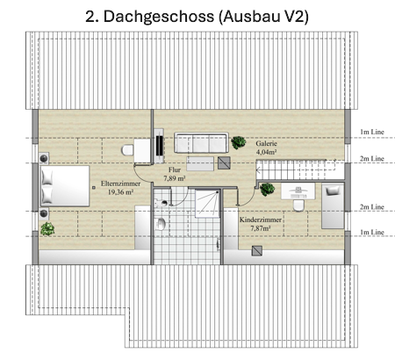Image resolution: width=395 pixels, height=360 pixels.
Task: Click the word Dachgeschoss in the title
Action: (159, 17)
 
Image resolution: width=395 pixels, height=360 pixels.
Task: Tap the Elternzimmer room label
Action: (120, 184)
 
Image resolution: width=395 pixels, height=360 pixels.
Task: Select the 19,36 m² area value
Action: (120, 192)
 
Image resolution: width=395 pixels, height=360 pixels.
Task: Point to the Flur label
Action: (175, 169)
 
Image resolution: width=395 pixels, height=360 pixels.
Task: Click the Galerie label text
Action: (266, 143)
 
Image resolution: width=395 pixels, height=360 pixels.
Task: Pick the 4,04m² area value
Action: (267, 152)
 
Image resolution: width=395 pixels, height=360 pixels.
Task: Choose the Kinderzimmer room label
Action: (261, 220)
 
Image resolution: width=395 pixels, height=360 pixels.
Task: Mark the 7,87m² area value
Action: (261, 228)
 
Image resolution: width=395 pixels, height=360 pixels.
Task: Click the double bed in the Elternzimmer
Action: (65, 186)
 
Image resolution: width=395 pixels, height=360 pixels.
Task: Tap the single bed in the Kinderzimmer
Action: (333, 206)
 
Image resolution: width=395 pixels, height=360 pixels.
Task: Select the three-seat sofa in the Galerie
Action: (201, 142)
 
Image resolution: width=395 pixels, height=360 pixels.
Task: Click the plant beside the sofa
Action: (239, 142)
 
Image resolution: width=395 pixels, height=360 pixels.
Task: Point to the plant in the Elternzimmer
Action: (47, 229)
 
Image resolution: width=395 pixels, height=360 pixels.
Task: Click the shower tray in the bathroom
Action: (207, 204)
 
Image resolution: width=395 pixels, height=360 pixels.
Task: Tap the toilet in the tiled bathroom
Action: (161, 224)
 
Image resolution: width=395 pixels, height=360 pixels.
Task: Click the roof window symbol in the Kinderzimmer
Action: (257, 251)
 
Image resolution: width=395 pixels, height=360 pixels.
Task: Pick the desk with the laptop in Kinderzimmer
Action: (298, 191)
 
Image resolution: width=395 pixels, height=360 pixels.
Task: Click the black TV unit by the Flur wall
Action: (159, 146)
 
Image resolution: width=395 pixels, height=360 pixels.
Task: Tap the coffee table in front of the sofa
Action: (200, 163)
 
